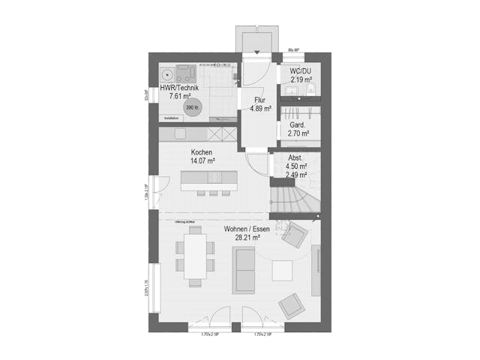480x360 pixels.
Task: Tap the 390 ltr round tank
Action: click(x=191, y=106)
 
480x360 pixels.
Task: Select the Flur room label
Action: click(x=259, y=100)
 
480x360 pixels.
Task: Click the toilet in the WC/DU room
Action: click(x=313, y=91)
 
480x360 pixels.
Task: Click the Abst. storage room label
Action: click(x=295, y=157)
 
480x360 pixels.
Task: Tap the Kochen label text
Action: click(x=202, y=152)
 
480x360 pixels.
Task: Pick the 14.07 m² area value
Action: click(x=202, y=161)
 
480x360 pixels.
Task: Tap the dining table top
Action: click(x=196, y=256)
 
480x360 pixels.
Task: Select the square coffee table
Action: click(x=284, y=269)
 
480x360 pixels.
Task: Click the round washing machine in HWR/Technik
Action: click(x=165, y=73)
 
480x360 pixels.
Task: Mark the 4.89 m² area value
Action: click(x=259, y=109)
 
